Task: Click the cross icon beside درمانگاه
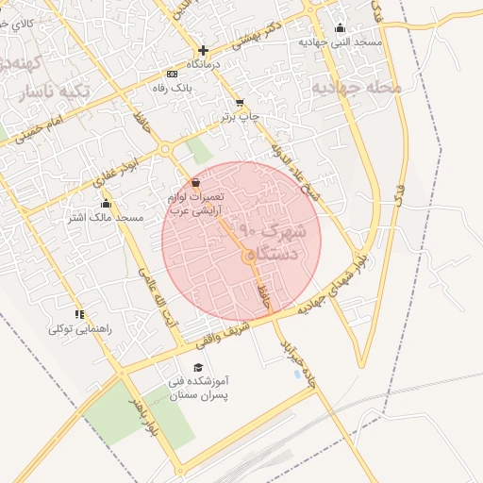click(203, 50)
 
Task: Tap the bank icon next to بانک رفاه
click(171, 74)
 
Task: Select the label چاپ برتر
click(240, 116)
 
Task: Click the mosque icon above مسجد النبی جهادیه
click(341, 28)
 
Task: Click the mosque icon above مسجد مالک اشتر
click(105, 203)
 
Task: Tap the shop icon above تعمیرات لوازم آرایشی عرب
click(195, 182)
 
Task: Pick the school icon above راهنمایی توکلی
click(79, 314)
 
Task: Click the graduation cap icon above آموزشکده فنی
click(198, 367)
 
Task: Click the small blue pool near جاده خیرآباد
click(299, 375)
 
